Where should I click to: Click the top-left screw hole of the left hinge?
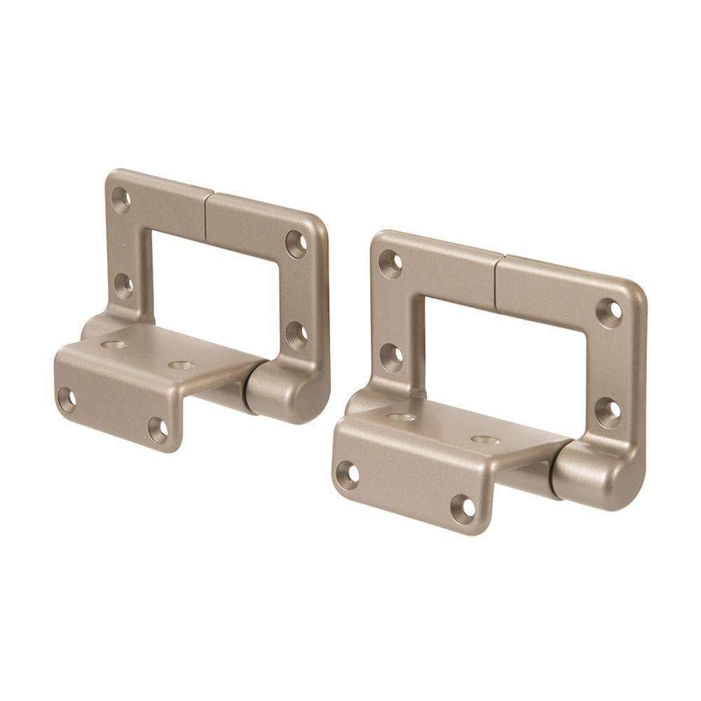pyautogui.click(x=121, y=199)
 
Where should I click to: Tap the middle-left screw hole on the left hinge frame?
pyautogui.click(x=124, y=285)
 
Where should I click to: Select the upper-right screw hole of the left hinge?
pyautogui.click(x=296, y=243)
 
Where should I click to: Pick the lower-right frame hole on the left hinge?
pyautogui.click(x=296, y=335)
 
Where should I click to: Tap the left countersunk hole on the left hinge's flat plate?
pyautogui.click(x=114, y=344)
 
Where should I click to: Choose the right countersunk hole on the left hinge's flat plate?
pyautogui.click(x=182, y=365)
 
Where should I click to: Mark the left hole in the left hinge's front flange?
pyautogui.click(x=67, y=400)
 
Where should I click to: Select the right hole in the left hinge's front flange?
pyautogui.click(x=158, y=428)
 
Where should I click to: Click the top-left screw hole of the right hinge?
pyautogui.click(x=390, y=264)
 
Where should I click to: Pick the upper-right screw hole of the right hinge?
pyautogui.click(x=609, y=312)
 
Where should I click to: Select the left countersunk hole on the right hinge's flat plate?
pyautogui.click(x=401, y=418)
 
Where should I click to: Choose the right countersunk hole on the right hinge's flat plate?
pyautogui.click(x=485, y=440)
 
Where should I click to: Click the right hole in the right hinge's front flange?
pyautogui.click(x=462, y=508)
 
